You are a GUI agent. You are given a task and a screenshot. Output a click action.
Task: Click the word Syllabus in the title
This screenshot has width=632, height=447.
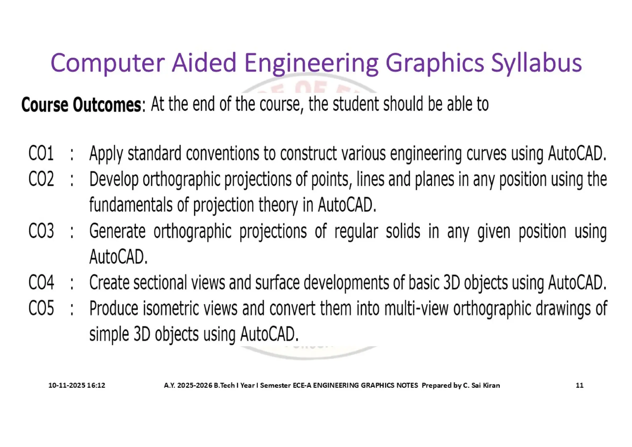point(536,63)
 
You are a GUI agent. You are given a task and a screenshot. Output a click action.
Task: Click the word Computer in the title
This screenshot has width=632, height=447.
point(107,63)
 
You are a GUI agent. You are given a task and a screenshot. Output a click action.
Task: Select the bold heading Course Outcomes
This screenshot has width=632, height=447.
point(81,105)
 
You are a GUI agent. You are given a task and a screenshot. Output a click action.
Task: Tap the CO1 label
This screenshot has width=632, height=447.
point(41,153)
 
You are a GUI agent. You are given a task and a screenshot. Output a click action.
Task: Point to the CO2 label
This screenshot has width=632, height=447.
point(41,179)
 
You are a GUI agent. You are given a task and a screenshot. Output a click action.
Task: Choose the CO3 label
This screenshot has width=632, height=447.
point(41,231)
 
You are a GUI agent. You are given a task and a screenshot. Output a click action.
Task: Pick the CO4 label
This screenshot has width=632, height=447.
point(41,282)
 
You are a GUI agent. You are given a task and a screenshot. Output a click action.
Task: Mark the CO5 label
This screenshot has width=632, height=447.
point(41,308)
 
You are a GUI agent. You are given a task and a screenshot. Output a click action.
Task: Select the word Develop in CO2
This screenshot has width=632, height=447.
point(114,180)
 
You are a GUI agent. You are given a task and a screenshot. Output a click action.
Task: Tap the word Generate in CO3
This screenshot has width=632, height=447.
point(117,231)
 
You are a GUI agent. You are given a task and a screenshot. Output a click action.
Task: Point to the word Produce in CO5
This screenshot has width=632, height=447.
point(114,309)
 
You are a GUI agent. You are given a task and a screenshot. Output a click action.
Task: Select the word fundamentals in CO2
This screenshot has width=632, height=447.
point(131,205)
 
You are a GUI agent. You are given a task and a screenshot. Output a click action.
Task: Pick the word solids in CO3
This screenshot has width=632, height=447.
point(403,231)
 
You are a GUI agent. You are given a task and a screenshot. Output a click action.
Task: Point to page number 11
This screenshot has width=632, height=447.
point(580,385)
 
